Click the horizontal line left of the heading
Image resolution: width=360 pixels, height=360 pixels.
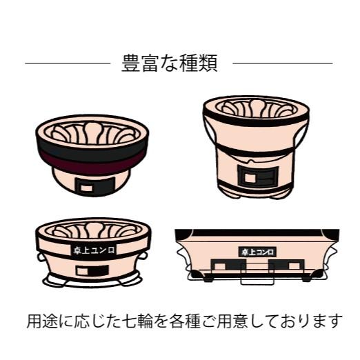[67, 63]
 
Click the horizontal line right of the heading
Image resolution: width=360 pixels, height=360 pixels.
[282, 63]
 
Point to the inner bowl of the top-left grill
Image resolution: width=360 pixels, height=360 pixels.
[91, 132]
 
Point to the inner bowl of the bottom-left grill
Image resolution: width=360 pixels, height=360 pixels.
[92, 230]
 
